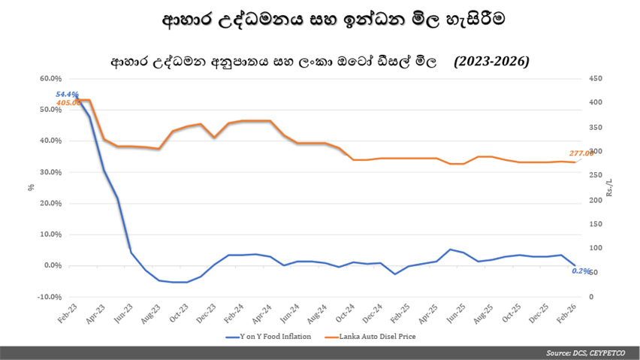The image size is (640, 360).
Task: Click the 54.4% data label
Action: tap(67, 95)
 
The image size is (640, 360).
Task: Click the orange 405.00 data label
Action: tap(68, 102)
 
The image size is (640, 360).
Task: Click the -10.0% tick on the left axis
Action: tap(49, 297)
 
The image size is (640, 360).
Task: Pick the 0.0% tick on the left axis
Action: tap(53, 265)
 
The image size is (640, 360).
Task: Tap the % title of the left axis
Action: tap(32, 187)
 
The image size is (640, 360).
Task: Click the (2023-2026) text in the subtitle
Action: tap(491, 61)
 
